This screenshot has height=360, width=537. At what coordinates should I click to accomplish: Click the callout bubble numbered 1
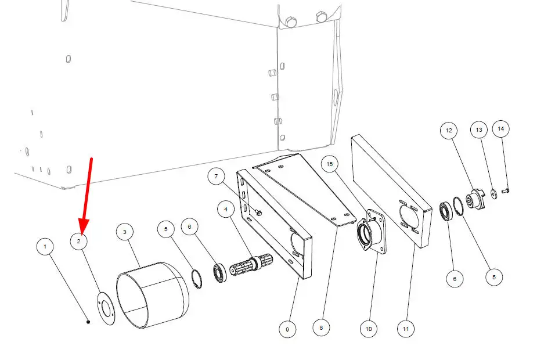45,247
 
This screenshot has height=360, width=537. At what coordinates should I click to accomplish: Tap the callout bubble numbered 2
79,241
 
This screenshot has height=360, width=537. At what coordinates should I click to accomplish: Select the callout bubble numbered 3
125,232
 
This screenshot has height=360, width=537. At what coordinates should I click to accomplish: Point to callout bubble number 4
226,209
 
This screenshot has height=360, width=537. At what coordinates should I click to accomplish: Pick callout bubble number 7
216,177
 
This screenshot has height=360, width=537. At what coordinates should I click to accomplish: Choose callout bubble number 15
330,164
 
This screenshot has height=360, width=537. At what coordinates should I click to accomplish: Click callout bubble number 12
449,130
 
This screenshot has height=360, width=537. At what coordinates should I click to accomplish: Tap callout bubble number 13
479,129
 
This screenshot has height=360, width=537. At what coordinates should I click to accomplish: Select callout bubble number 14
500,129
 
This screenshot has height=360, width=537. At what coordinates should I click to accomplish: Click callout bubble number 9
287,329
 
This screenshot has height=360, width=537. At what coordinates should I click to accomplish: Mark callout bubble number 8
321,328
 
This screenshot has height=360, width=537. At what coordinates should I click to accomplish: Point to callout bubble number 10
369,329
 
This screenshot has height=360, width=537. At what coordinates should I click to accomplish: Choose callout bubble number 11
406,329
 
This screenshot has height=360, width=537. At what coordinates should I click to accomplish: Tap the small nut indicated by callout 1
88,322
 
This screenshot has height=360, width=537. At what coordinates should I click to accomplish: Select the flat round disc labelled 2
106,309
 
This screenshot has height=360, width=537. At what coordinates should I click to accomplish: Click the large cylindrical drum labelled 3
153,296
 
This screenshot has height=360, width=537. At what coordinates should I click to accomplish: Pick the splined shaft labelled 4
251,265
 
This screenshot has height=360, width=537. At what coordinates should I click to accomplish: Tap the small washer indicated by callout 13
494,194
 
